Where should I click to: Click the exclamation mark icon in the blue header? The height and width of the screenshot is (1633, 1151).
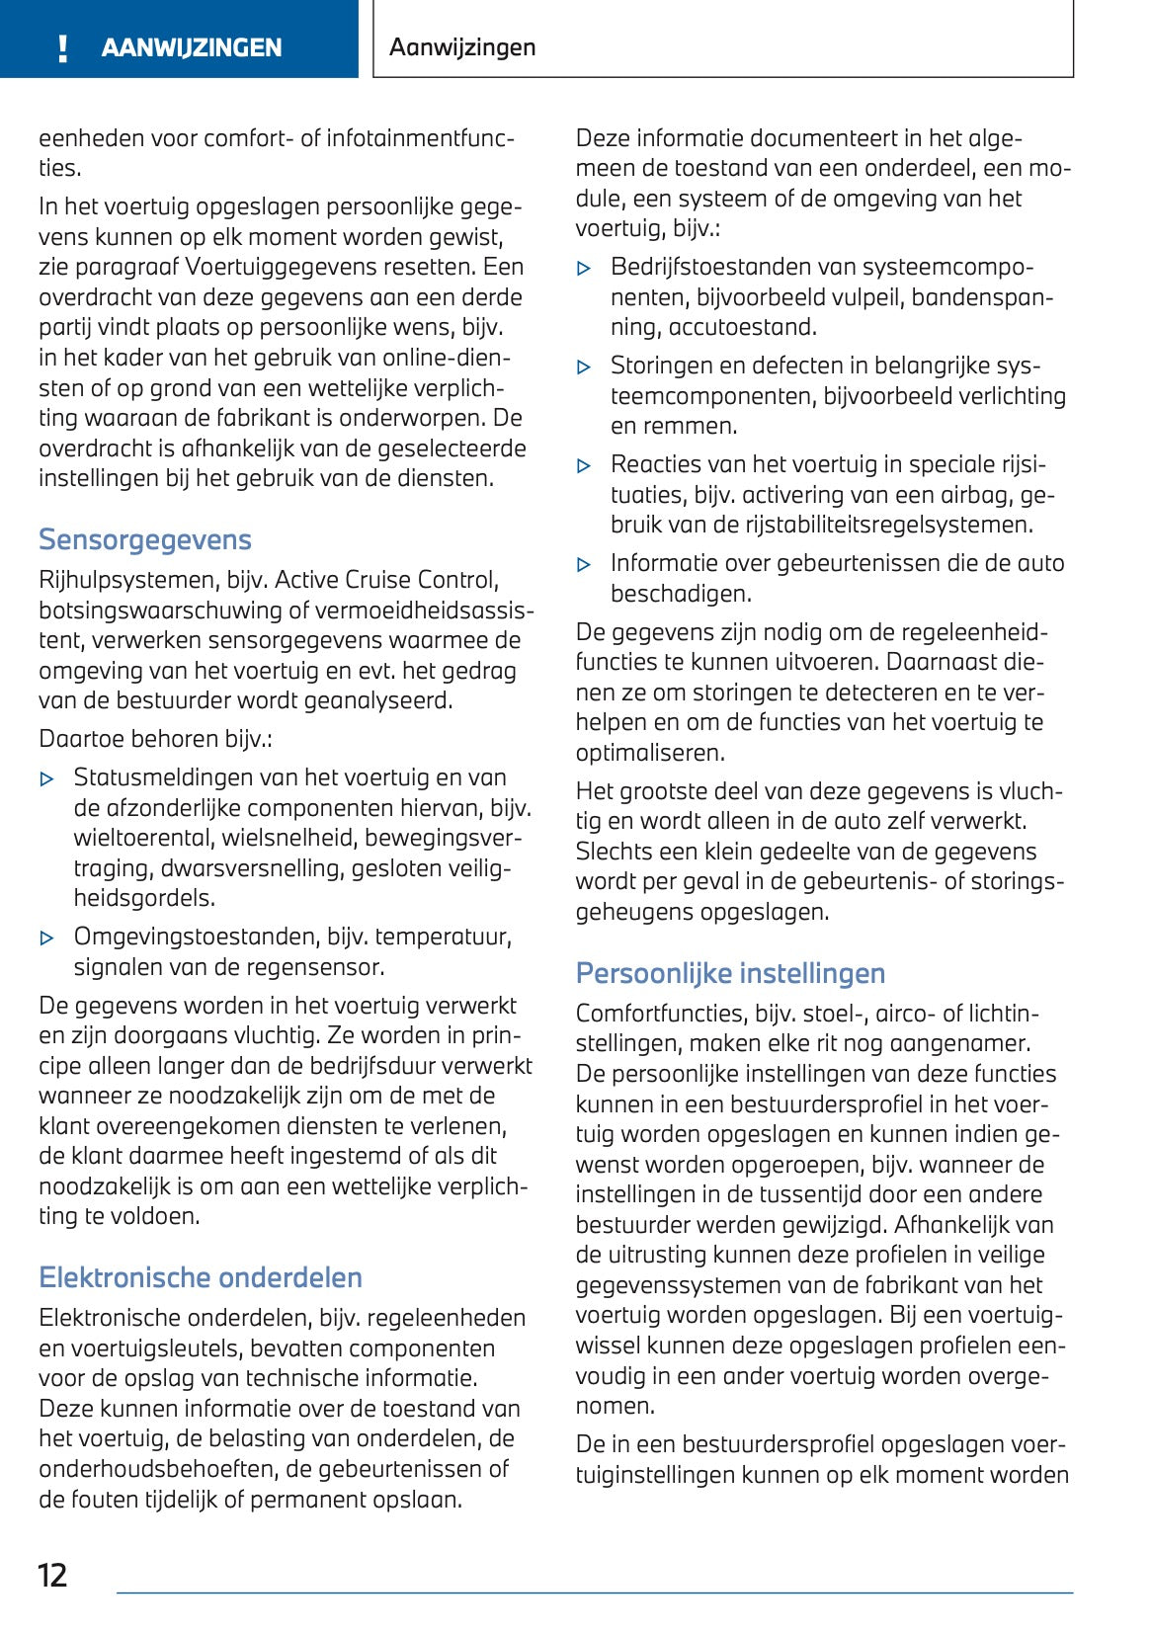point(63,48)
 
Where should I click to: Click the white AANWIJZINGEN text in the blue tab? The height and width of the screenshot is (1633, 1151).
point(192,47)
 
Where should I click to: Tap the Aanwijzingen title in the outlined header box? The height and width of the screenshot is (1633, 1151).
point(462,46)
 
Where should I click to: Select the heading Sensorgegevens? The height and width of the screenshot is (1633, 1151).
point(145,539)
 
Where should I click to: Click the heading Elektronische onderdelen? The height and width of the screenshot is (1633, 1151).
point(201,1277)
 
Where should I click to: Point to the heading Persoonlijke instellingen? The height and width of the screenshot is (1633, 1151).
point(730,973)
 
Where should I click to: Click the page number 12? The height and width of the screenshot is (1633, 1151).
point(52,1575)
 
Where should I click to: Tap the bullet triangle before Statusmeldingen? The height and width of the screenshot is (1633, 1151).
point(46,779)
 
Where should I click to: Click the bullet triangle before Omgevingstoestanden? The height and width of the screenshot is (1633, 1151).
point(46,938)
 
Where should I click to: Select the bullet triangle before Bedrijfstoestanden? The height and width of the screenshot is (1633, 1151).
point(584,269)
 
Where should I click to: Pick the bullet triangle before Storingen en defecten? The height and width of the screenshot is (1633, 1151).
point(584,367)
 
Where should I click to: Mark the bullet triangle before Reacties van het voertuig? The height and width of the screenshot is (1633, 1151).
point(584,466)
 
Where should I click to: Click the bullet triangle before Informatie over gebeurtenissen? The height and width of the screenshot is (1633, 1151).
point(584,565)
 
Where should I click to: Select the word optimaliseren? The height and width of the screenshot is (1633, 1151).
point(649,753)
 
